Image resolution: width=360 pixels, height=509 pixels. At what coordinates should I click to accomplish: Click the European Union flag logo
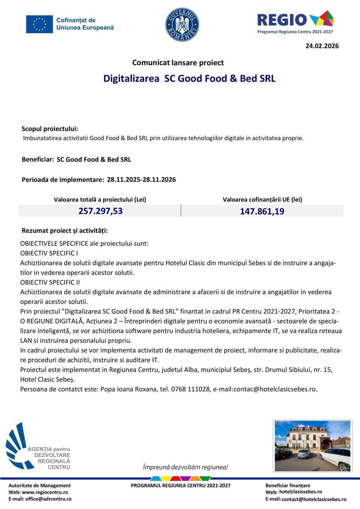39,24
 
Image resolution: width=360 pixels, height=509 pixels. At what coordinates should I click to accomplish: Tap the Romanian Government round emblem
182,25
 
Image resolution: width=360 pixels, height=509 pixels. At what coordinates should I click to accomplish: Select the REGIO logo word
282,19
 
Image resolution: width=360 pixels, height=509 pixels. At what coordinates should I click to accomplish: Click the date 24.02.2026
322,46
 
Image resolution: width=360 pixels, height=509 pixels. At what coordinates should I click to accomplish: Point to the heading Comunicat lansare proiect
178,63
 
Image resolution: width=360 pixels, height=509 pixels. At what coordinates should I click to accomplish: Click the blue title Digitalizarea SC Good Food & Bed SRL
189,78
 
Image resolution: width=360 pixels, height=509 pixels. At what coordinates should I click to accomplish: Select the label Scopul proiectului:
50,129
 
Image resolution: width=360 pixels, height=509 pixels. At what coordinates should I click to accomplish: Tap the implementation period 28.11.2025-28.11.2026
141,180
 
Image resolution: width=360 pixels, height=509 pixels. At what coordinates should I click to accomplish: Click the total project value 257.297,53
100,211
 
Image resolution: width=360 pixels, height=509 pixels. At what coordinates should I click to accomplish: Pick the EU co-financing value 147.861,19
262,211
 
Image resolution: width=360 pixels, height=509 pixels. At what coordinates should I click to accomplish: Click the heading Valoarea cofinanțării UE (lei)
262,199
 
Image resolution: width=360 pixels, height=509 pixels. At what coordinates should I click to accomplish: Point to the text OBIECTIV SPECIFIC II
50,282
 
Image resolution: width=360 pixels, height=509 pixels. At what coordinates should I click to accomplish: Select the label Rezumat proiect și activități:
65,231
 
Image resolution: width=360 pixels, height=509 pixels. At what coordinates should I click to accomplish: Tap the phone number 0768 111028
190,389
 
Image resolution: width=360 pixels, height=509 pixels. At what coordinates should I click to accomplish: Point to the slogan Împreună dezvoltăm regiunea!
185,467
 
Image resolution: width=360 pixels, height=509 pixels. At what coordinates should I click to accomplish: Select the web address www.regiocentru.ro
45,492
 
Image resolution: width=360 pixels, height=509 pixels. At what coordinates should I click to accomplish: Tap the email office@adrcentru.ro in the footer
48,499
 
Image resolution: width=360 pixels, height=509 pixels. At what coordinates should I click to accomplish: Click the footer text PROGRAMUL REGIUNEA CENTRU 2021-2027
181,485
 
